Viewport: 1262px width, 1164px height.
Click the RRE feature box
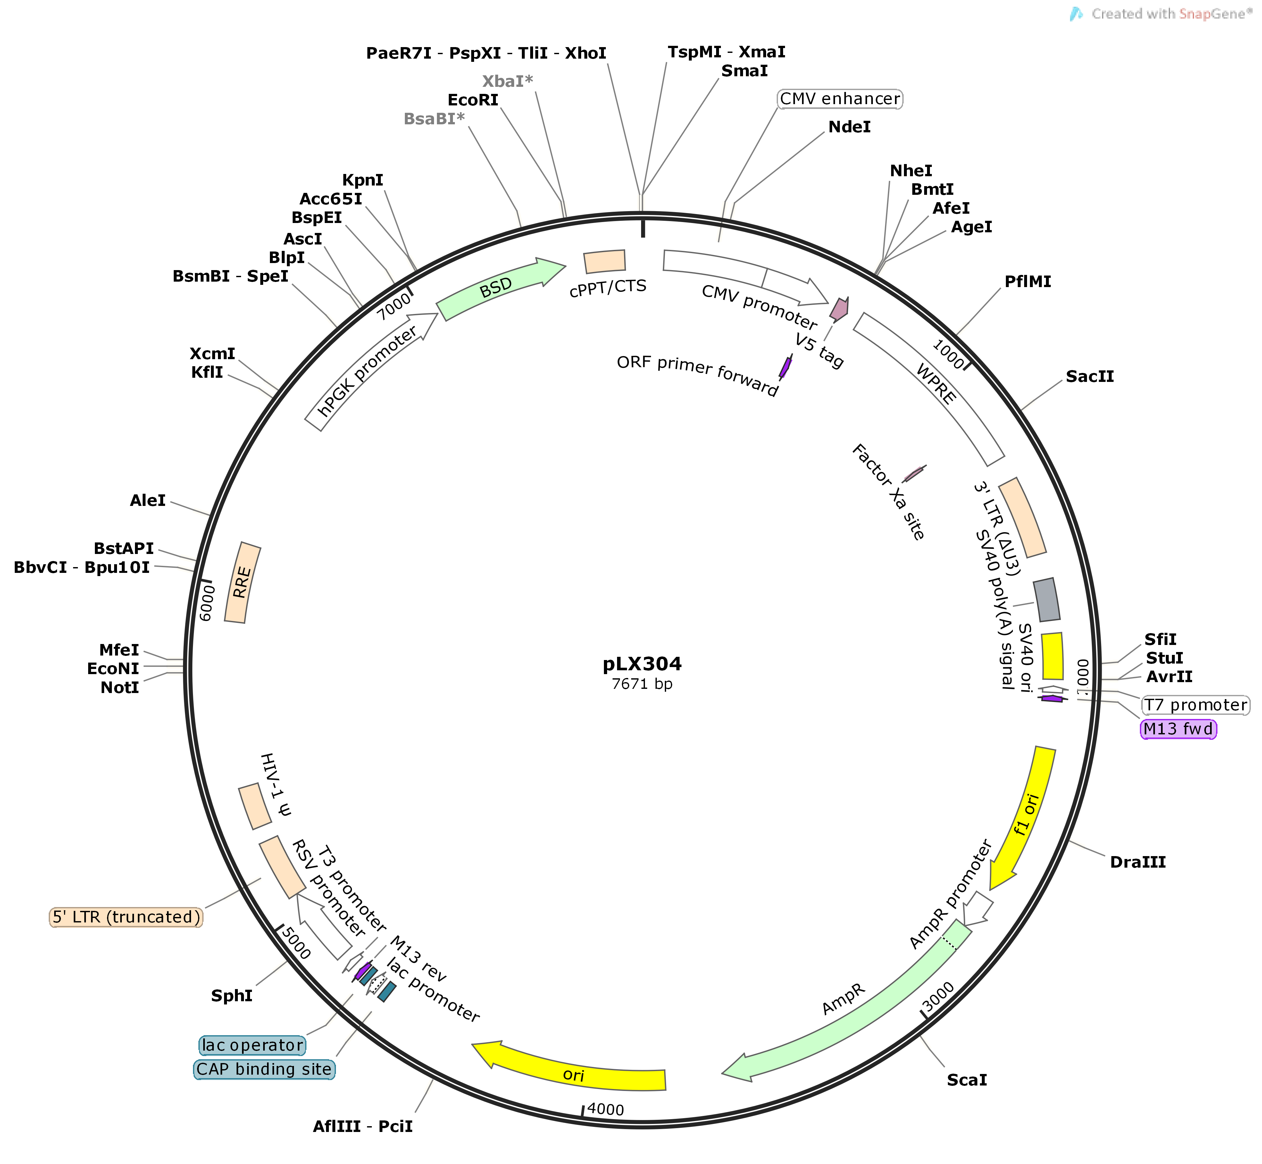(243, 582)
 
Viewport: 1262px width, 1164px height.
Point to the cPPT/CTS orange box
(605, 261)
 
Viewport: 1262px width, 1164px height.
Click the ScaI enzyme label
(966, 1080)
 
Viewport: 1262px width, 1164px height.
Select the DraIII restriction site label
(1137, 862)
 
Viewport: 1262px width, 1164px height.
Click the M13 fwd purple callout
(1178, 730)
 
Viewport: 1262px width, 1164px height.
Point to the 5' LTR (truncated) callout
(126, 917)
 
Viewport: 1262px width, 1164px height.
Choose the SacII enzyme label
(1089, 377)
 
